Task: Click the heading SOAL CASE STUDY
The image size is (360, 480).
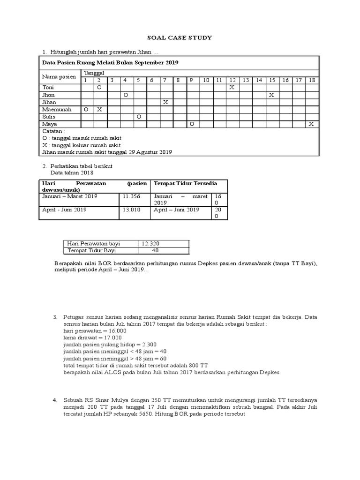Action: (180, 37)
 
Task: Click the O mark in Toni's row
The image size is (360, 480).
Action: (99, 88)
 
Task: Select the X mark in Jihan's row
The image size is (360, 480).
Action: (165, 102)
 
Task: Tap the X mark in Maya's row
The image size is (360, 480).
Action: (311, 123)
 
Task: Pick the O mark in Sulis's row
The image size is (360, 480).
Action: (138, 116)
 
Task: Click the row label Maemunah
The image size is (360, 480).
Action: (57, 109)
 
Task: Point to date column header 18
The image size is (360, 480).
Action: (311, 80)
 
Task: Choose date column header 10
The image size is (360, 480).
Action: (205, 80)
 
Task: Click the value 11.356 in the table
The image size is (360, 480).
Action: (132, 196)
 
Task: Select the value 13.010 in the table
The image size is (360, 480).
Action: (132, 210)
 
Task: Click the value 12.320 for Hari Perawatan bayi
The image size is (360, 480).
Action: (150, 244)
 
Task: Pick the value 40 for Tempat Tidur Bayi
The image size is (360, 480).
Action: (155, 250)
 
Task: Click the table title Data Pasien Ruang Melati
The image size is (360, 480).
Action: (110, 62)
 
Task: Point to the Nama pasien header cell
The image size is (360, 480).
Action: (59, 76)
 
